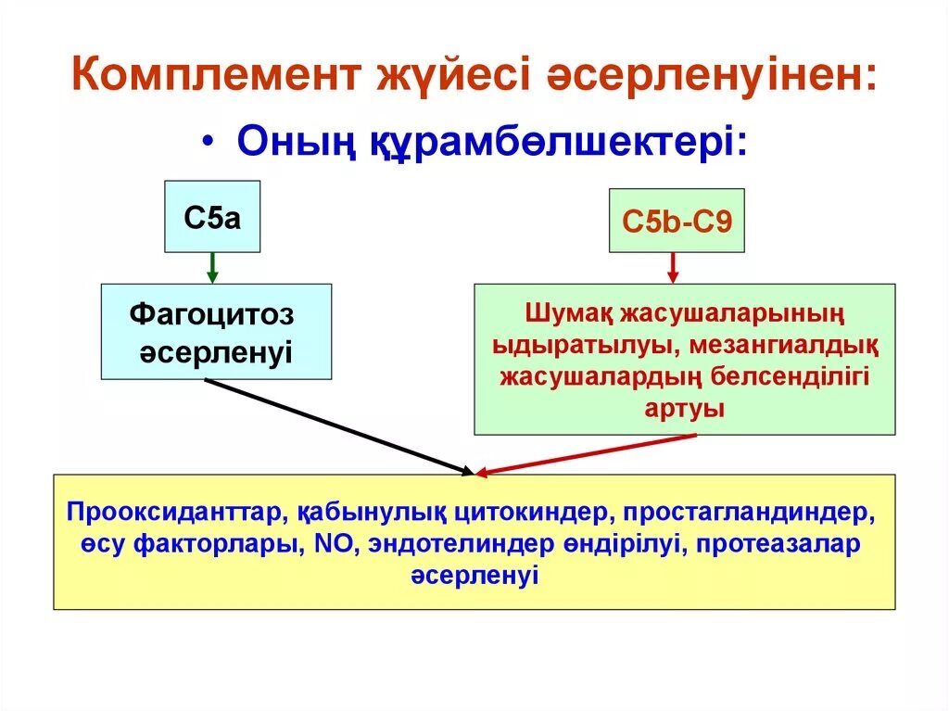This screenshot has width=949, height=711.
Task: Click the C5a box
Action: click(x=212, y=218)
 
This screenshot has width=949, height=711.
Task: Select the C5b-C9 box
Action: click(x=676, y=221)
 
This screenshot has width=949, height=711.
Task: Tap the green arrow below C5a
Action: click(x=212, y=268)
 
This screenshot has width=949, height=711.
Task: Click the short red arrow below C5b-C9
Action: click(x=673, y=268)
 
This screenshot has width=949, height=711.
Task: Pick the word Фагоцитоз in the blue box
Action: click(x=212, y=315)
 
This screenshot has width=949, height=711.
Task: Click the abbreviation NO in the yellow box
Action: click(x=330, y=544)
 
